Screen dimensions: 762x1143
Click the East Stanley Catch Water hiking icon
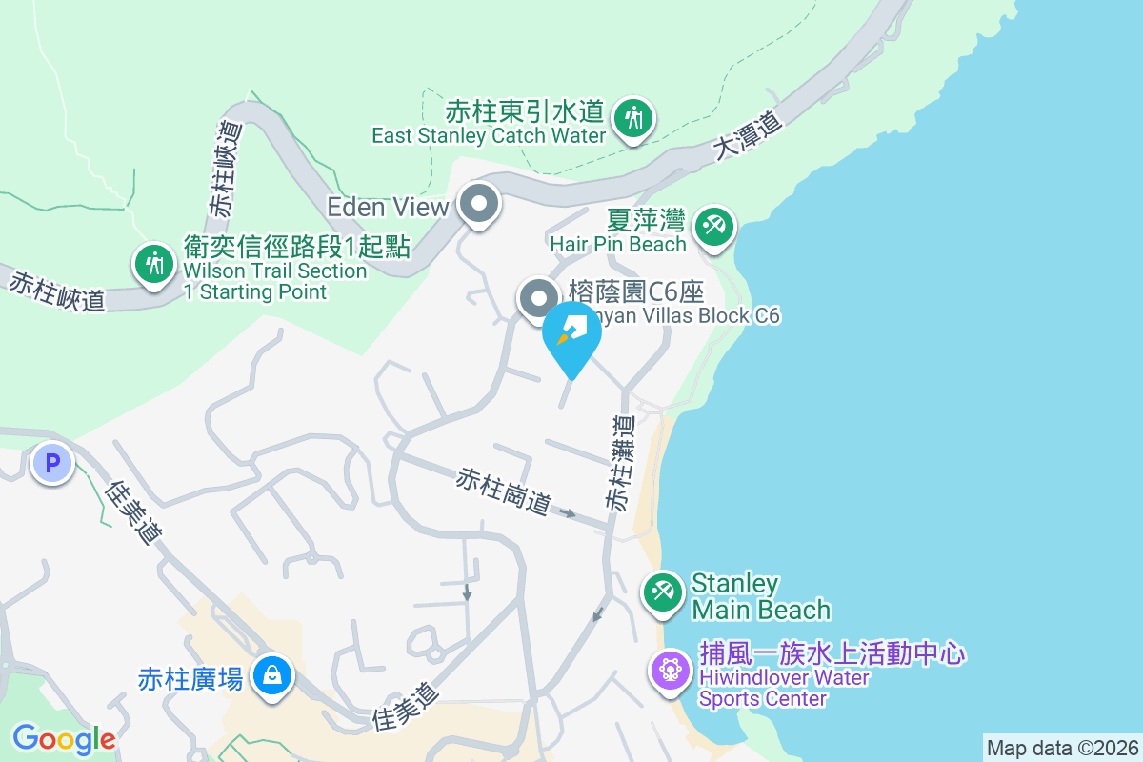pyautogui.click(x=632, y=119)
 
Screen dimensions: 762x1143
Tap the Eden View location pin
pyautogui.click(x=479, y=204)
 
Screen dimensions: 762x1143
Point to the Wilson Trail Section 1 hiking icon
pyautogui.click(x=152, y=262)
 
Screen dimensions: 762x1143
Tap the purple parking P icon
pyautogui.click(x=52, y=464)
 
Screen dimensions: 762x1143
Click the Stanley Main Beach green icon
pyautogui.click(x=662, y=592)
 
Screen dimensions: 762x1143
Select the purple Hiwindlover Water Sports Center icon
pyautogui.click(x=671, y=670)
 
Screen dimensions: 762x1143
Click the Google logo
pyautogui.click(x=64, y=739)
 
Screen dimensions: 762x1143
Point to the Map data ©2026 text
pyautogui.click(x=1062, y=748)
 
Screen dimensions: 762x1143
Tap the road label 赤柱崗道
pyautogui.click(x=504, y=491)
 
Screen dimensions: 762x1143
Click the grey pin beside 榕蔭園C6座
pyautogui.click(x=538, y=298)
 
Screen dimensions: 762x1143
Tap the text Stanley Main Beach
pyautogui.click(x=760, y=596)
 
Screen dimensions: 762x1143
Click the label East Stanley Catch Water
pyautogui.click(x=488, y=136)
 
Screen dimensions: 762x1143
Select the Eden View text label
pyautogui.click(x=388, y=207)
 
